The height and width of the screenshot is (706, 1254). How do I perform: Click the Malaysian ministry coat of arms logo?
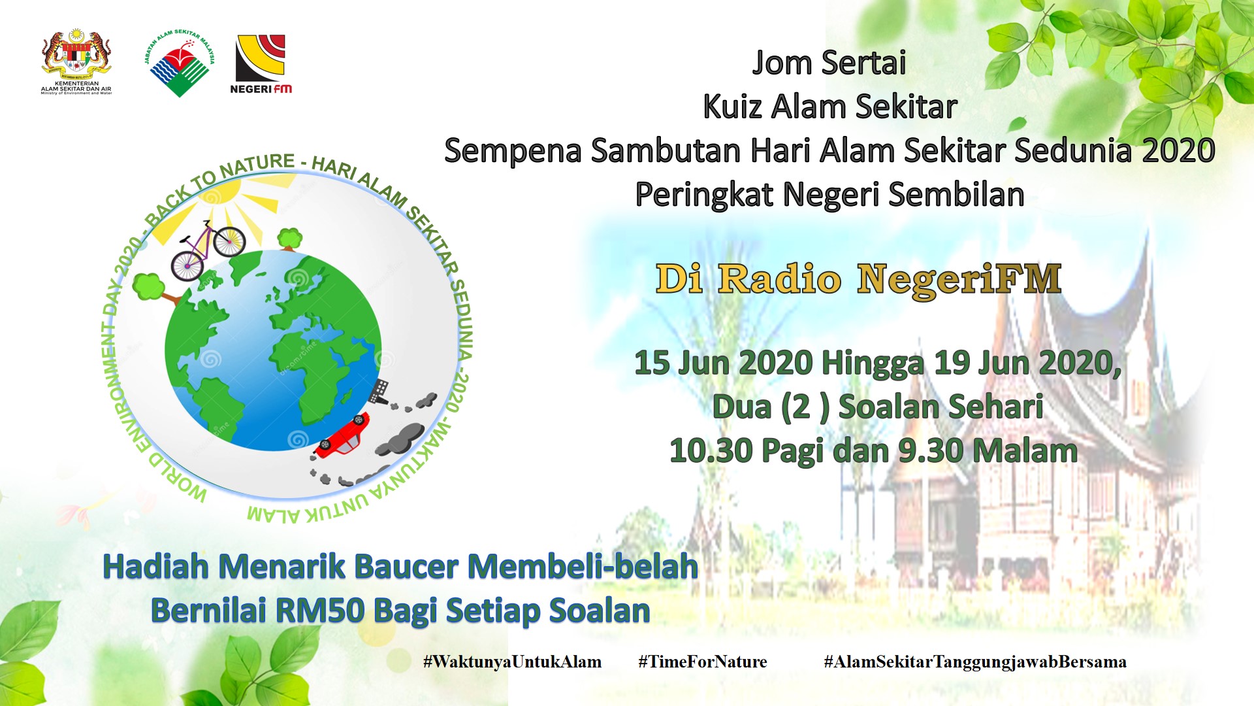(x=76, y=63)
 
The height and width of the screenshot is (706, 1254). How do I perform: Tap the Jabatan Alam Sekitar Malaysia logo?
(x=180, y=63)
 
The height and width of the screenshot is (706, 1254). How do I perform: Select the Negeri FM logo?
(x=261, y=64)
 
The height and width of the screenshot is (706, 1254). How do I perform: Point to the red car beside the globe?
(x=343, y=435)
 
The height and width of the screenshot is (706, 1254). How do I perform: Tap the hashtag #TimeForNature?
(x=703, y=662)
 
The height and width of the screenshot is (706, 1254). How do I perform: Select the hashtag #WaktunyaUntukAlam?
(x=512, y=662)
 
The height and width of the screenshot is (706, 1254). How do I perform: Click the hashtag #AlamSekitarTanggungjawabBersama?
(x=975, y=662)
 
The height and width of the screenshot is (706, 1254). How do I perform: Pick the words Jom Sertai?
(x=829, y=63)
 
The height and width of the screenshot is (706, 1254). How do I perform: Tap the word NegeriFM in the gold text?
(x=959, y=280)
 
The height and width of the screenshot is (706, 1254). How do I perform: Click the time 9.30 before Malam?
(x=931, y=451)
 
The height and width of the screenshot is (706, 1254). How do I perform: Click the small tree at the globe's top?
(x=289, y=238)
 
